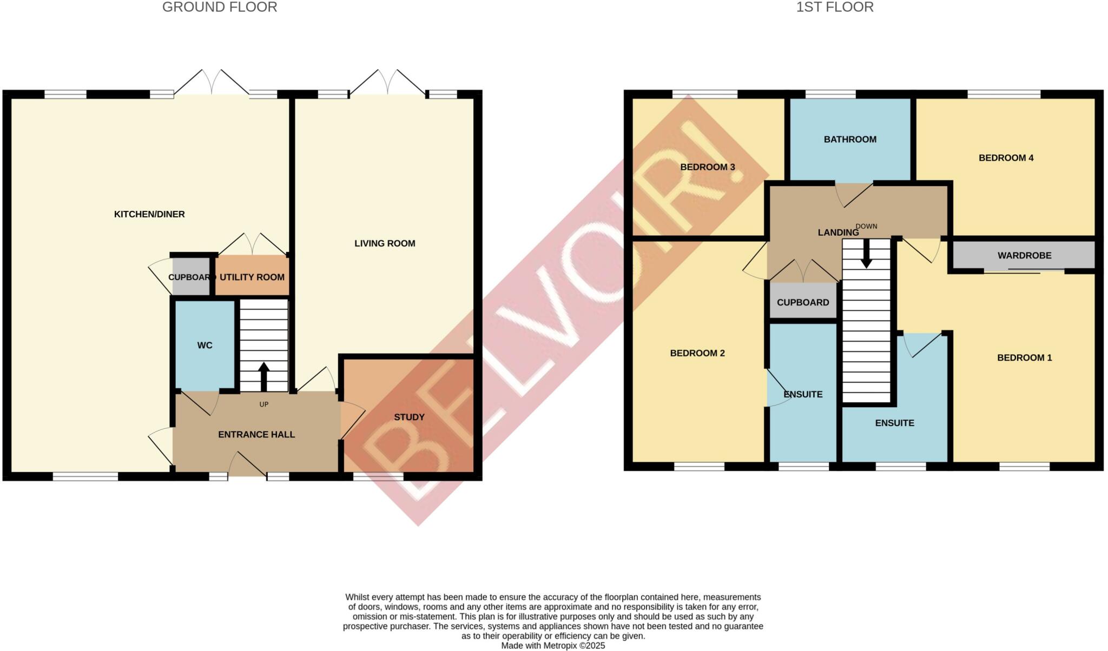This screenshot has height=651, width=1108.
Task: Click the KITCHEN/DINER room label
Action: click(149, 214)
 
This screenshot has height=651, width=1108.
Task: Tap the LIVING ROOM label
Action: click(385, 243)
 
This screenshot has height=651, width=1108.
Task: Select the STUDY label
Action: click(409, 417)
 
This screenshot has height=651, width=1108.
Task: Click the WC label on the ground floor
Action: click(205, 345)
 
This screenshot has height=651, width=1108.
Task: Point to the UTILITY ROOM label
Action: click(252, 277)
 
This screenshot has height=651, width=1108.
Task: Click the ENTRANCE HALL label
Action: click(256, 434)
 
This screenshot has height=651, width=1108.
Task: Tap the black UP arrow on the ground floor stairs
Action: click(263, 376)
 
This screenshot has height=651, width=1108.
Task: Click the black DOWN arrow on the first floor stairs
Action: click(866, 254)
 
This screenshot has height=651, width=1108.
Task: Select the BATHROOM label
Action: click(850, 139)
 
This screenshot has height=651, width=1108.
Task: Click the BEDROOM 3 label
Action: click(707, 167)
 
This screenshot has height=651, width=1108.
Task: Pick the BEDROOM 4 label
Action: click(1006, 158)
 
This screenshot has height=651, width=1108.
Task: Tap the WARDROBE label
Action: click(1024, 255)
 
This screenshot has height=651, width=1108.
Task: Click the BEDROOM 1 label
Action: click(1024, 357)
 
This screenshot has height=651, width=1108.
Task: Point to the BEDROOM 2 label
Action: click(697, 353)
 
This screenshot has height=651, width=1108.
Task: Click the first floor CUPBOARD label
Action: click(802, 302)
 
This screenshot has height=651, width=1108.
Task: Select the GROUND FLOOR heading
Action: click(220, 7)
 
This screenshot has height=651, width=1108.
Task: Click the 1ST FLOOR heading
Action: click(835, 7)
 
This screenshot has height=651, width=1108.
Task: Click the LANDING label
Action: click(838, 232)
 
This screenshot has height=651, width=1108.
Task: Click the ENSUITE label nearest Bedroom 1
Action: click(894, 423)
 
